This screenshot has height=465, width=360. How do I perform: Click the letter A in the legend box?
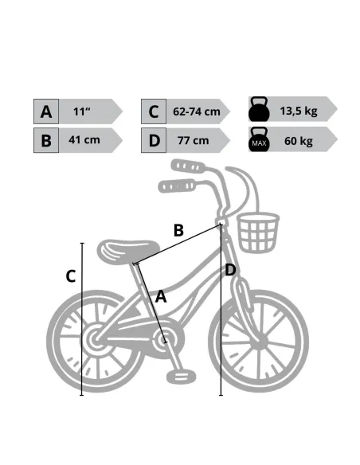click(46, 111)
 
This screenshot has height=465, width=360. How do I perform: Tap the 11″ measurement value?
click(82, 111)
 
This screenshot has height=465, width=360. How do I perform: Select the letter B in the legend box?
click(46, 141)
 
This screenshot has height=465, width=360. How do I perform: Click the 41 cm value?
click(84, 139)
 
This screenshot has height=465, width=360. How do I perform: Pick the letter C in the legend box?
click(153, 111)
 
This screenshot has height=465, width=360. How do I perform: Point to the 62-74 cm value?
click(197, 111)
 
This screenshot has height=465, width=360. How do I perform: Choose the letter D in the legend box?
click(155, 141)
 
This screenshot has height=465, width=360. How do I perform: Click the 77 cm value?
click(194, 140)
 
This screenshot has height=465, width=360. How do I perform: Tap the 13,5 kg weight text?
click(299, 111)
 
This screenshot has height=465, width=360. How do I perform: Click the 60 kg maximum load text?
click(299, 141)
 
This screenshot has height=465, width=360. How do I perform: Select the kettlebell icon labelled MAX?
click(259, 139)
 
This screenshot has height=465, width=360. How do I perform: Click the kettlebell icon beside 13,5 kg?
click(259, 109)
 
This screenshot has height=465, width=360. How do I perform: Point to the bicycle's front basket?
click(258, 232)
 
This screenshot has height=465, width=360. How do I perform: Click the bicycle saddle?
click(128, 251)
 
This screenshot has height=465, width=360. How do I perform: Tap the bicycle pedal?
click(181, 377)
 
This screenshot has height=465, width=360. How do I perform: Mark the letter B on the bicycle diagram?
click(178, 230)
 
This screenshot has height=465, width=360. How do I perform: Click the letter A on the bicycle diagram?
click(161, 296)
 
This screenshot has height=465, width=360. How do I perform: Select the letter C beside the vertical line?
click(71, 276)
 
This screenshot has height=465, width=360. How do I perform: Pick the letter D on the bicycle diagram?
click(230, 270)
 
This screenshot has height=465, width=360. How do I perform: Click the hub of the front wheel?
click(260, 341)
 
